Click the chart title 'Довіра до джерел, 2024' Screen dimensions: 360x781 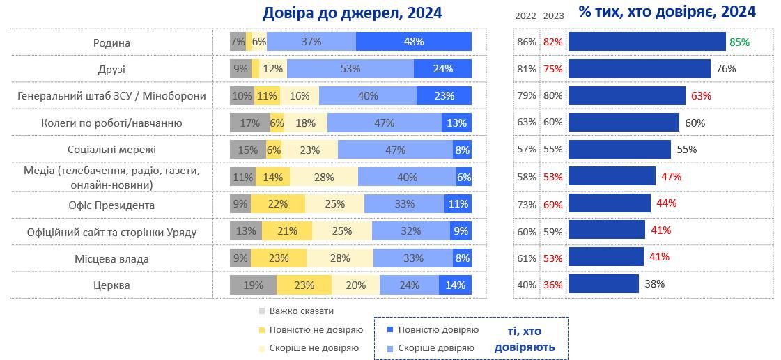click(352, 13)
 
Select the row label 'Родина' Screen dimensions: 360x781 click(111, 42)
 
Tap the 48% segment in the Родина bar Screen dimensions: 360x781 click(413, 42)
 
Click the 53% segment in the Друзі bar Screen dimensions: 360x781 click(350, 68)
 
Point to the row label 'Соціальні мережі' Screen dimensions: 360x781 click(111, 150)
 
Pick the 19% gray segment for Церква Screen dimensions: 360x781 click(253, 285)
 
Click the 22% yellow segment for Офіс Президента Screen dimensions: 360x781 click(277, 205)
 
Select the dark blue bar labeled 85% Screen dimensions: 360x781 click(647, 42)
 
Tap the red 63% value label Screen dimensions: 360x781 click(701, 96)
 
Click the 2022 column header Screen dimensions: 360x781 click(526, 15)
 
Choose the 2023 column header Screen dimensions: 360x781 click(553, 15)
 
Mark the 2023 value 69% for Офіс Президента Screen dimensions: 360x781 click(553, 205)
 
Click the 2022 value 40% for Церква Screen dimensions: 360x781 click(527, 285)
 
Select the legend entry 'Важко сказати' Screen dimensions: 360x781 click(297, 311)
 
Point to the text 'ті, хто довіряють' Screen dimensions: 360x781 click(525, 339)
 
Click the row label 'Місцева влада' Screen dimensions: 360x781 click(111, 258)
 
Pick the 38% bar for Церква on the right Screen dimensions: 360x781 click(603, 284)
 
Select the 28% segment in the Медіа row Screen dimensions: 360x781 click(324, 177)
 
